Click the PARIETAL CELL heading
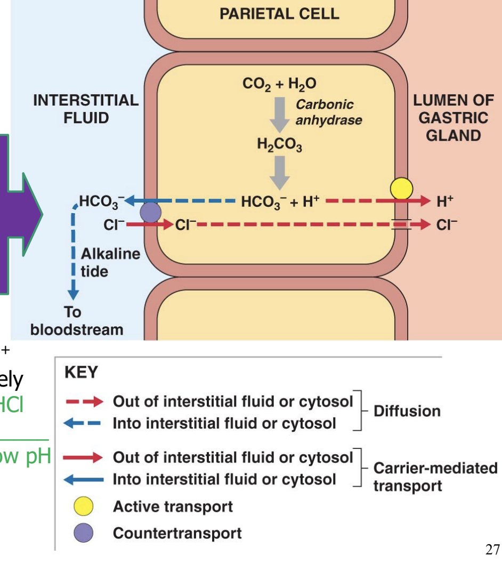tap(279, 13)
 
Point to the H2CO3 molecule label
tap(279, 144)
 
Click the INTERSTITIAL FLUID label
tap(86, 109)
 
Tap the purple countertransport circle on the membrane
tap(151, 212)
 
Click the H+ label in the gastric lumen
tap(444, 202)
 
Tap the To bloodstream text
tap(76, 321)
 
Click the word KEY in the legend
tap(81, 373)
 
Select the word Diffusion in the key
tap(407, 411)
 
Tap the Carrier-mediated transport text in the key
tap(435, 477)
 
